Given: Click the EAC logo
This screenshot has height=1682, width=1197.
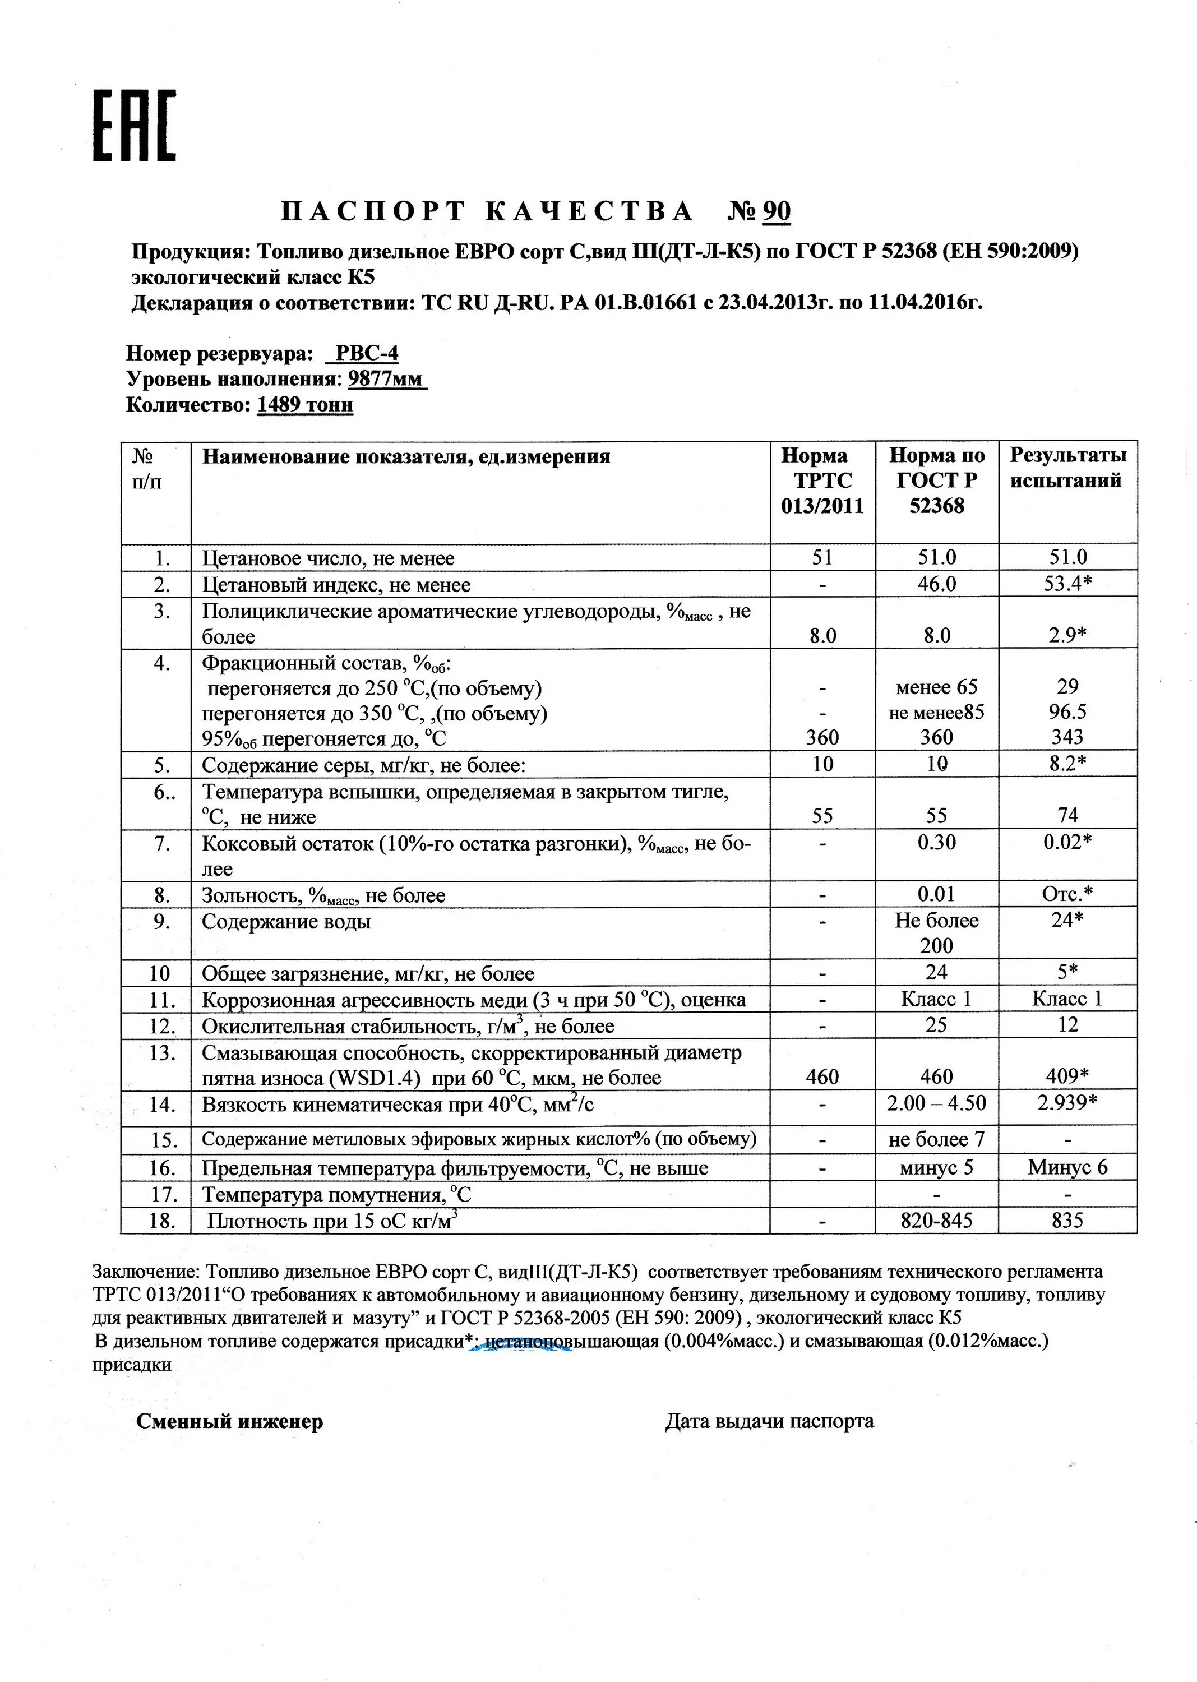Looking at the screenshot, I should pyautogui.click(x=134, y=125).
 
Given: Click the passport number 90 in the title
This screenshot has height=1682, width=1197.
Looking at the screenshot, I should pyautogui.click(x=776, y=211).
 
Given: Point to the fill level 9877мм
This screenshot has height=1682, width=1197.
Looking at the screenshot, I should pyautogui.click(x=387, y=379).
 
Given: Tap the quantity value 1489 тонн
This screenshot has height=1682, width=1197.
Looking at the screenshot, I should pyautogui.click(x=305, y=405).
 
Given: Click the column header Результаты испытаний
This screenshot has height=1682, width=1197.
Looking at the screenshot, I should pyautogui.click(x=1067, y=468).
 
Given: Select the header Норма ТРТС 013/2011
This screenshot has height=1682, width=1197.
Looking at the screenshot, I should pyautogui.click(x=822, y=480).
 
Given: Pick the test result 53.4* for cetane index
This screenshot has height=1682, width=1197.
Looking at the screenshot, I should pyautogui.click(x=1068, y=585).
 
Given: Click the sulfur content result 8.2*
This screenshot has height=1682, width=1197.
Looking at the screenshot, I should pyautogui.click(x=1068, y=764).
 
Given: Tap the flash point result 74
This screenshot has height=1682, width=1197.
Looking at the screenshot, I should pyautogui.click(x=1067, y=815).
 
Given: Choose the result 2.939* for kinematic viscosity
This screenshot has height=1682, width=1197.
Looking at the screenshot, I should pyautogui.click(x=1068, y=1103).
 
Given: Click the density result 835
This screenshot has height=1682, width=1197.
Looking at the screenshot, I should pyautogui.click(x=1067, y=1221).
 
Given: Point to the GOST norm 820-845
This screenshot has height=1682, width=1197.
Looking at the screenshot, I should pyautogui.click(x=936, y=1221).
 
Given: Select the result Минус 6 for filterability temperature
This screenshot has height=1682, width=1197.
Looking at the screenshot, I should pyautogui.click(x=1067, y=1167).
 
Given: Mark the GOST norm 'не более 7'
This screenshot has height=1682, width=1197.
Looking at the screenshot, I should pyautogui.click(x=936, y=1139).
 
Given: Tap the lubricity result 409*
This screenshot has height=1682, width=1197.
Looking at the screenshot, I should pyautogui.click(x=1068, y=1077).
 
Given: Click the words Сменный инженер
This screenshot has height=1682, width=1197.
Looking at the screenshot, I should pyautogui.click(x=229, y=1421).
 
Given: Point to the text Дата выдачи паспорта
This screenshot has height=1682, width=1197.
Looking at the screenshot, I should pyautogui.click(x=769, y=1421).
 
